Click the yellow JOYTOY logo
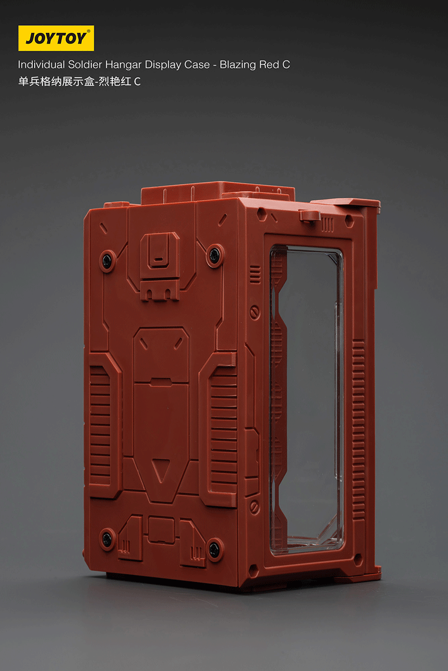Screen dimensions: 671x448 tap(56, 38)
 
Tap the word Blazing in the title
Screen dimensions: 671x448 tap(239, 64)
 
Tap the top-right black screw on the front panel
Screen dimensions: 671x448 tap(215, 256)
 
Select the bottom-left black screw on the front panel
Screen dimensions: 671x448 tap(107, 538)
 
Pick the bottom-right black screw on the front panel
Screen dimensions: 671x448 tap(214, 547)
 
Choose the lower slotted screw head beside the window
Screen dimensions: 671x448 tap(254, 507)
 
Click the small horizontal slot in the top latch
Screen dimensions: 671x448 tap(157, 260)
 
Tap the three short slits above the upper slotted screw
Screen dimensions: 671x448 tap(255, 274)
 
